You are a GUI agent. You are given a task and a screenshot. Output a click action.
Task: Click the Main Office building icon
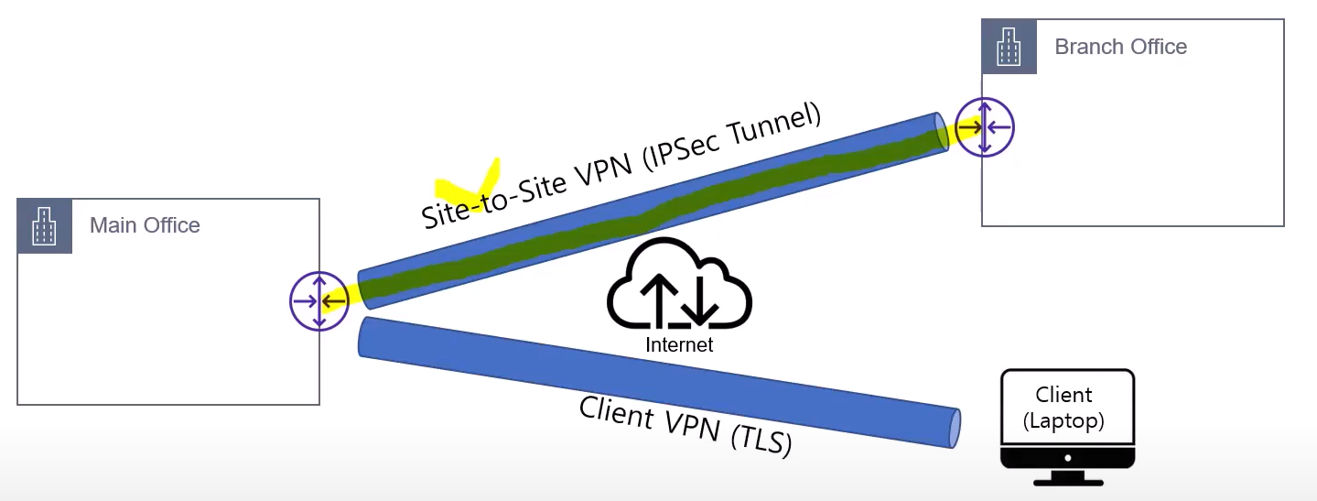[x=45, y=225]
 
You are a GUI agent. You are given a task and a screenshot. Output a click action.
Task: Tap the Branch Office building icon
[x=1009, y=46]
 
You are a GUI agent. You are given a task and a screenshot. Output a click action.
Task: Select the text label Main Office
[x=145, y=225]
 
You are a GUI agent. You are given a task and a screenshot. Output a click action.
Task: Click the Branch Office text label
[x=1120, y=47]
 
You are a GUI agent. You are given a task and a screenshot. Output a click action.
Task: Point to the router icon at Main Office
[x=318, y=300]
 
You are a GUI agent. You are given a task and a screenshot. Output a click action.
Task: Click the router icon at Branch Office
[x=984, y=126]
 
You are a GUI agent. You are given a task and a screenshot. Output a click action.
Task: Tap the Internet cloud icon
[x=679, y=284]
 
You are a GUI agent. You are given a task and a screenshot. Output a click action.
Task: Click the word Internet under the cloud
[x=678, y=345]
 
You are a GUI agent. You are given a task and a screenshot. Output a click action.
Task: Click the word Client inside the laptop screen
[x=1063, y=395]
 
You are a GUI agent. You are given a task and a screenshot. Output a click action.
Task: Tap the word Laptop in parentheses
[x=1063, y=421]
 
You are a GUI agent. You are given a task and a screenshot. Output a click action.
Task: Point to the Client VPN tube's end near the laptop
[x=955, y=428]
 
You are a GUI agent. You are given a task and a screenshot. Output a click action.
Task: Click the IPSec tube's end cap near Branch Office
[x=941, y=133]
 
